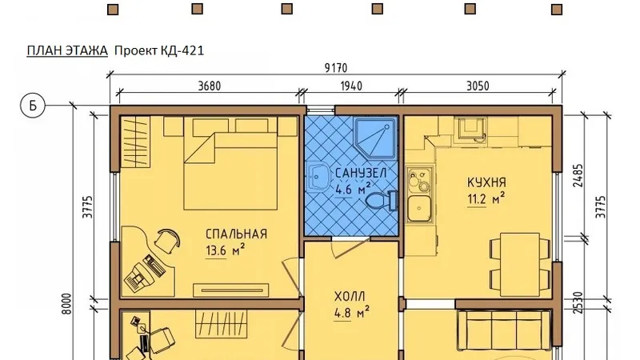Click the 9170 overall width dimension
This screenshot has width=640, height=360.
pos(335,68)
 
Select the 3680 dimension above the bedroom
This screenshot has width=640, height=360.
pos(210,86)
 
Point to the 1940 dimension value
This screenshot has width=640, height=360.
pos(351,86)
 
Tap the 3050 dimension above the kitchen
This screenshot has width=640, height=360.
pos(478,86)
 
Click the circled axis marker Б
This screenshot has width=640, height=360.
pos(33,106)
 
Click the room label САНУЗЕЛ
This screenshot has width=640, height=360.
pos(361,173)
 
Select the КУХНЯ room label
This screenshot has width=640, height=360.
pos(486,182)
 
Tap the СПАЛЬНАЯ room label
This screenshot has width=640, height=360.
pos(236,234)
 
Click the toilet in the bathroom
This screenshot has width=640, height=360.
pos(382,201)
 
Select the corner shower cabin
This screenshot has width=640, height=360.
pos(375,138)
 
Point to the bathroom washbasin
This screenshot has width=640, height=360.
pos(318,177)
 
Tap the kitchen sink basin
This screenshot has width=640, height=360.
pos(419,208)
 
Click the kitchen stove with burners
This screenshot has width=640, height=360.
pos(419,179)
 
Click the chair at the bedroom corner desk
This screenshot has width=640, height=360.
pos(167,241)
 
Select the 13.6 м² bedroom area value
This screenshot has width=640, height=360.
pos(226,250)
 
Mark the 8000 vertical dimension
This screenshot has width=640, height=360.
pos(67,304)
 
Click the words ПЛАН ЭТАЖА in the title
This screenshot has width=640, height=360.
pos(67,50)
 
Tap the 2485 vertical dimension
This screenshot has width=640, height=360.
pos(578,175)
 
